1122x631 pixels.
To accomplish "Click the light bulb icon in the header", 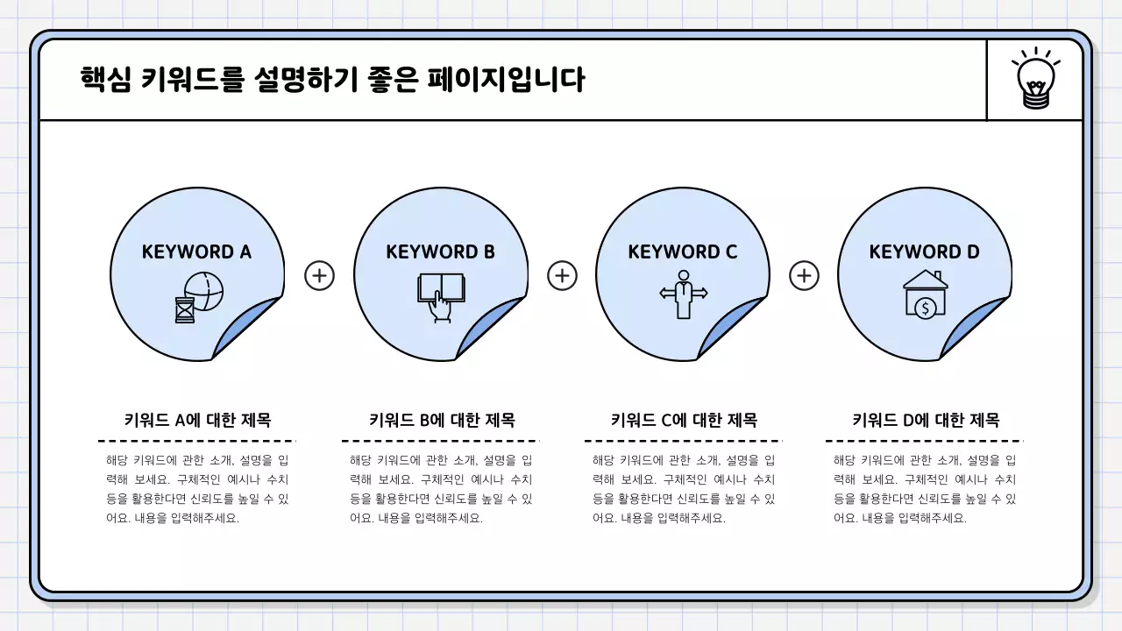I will [x=1035, y=80].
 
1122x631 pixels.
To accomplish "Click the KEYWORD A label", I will [x=196, y=252].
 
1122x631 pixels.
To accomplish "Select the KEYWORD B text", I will [x=440, y=252].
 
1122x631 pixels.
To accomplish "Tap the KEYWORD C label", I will [x=683, y=252].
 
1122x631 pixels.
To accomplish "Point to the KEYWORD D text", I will [x=924, y=252].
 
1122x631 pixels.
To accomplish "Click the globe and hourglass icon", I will [x=199, y=296].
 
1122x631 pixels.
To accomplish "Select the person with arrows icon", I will [x=683, y=294].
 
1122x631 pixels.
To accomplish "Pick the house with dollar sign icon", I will [x=926, y=294].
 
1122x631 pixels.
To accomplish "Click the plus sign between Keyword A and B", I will [x=319, y=276].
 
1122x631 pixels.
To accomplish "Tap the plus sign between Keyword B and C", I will [x=562, y=276].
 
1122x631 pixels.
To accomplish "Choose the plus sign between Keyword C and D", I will [x=804, y=276].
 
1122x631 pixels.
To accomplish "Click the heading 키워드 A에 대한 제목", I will [x=197, y=420].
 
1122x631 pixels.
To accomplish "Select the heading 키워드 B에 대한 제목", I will [x=441, y=420].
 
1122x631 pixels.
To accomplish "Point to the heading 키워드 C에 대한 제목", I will [x=684, y=420].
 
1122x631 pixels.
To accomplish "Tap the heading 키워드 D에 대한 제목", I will [x=926, y=420].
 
